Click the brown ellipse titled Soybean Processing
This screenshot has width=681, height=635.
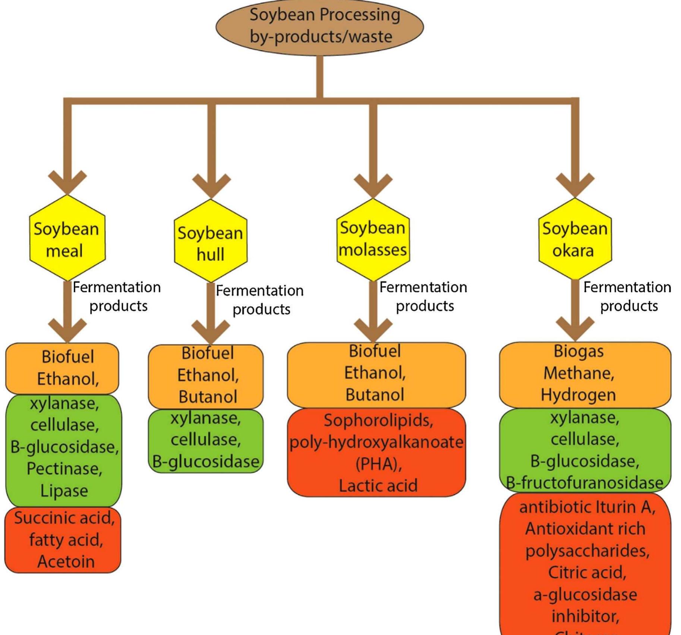click(x=320, y=27)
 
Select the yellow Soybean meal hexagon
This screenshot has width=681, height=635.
click(x=67, y=239)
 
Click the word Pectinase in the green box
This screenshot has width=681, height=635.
click(x=64, y=469)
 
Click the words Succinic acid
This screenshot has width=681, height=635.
click(x=64, y=518)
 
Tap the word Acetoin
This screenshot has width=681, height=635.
click(x=66, y=562)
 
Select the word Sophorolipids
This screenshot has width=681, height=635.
click(x=378, y=420)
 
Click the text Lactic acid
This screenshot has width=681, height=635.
click(x=378, y=485)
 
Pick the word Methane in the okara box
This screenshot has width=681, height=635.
click(x=579, y=373)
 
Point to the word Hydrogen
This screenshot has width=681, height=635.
click(x=578, y=395)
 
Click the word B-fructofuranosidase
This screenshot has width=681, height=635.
click(x=585, y=483)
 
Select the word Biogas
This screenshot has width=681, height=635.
click(x=579, y=351)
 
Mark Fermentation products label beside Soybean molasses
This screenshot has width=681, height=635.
click(x=424, y=296)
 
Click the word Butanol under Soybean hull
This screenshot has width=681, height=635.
click(x=208, y=397)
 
